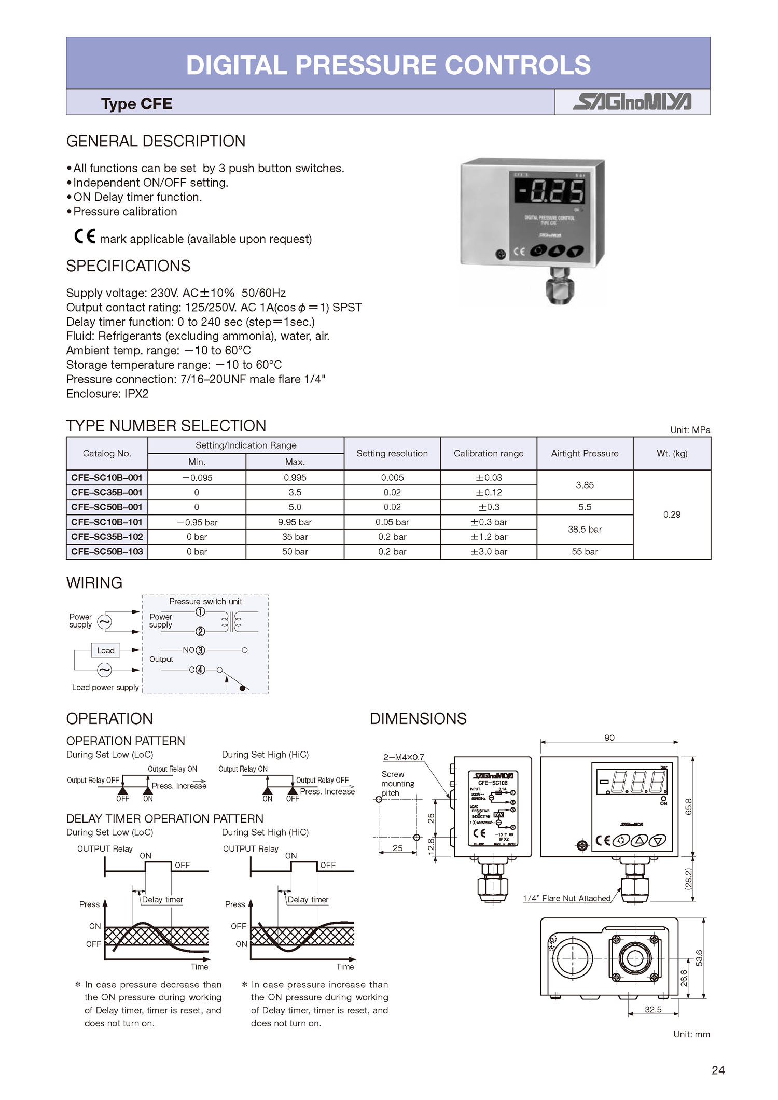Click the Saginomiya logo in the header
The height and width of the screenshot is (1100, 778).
(x=632, y=102)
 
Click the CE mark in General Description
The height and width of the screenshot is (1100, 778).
(x=85, y=236)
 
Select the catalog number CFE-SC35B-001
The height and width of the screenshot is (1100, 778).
(x=107, y=492)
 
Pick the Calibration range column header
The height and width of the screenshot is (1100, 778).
(x=489, y=453)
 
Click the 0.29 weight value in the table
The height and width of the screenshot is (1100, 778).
(x=672, y=514)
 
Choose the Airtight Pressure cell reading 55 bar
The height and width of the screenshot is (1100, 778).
(x=585, y=552)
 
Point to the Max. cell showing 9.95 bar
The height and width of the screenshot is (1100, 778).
(x=295, y=522)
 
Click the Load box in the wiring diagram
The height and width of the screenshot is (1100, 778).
(x=106, y=650)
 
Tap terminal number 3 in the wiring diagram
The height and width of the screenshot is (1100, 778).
(x=200, y=650)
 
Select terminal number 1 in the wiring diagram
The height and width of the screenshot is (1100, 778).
(x=200, y=612)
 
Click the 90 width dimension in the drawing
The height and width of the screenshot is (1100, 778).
(x=609, y=737)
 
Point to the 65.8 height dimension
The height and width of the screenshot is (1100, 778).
(x=689, y=806)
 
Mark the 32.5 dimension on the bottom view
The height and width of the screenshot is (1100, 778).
(x=653, y=1009)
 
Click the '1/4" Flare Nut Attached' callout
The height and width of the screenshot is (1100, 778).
(x=567, y=898)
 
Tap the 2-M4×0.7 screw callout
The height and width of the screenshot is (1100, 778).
(x=404, y=757)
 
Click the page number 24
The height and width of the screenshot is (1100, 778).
(x=718, y=1070)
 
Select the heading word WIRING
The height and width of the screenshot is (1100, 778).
(x=94, y=583)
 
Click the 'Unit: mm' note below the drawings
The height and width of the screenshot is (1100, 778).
(x=691, y=1034)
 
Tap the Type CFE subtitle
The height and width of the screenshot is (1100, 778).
(x=136, y=104)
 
